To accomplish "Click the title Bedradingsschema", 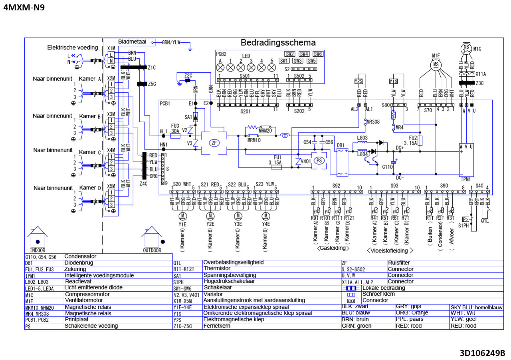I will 278,43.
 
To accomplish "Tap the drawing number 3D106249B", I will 482,353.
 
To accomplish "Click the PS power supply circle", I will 319,160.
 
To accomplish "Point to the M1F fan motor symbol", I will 436,64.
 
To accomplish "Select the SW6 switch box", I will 318,54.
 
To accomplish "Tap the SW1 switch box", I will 284,61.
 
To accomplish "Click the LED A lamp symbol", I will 220,68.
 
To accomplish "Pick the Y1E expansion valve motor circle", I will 183,216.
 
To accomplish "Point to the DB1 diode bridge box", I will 341,162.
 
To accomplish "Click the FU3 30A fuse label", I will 175,128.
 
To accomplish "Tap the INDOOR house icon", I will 38,238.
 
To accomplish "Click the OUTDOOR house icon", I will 152,238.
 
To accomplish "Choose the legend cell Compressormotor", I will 87,294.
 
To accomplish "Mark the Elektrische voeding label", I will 70,48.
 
